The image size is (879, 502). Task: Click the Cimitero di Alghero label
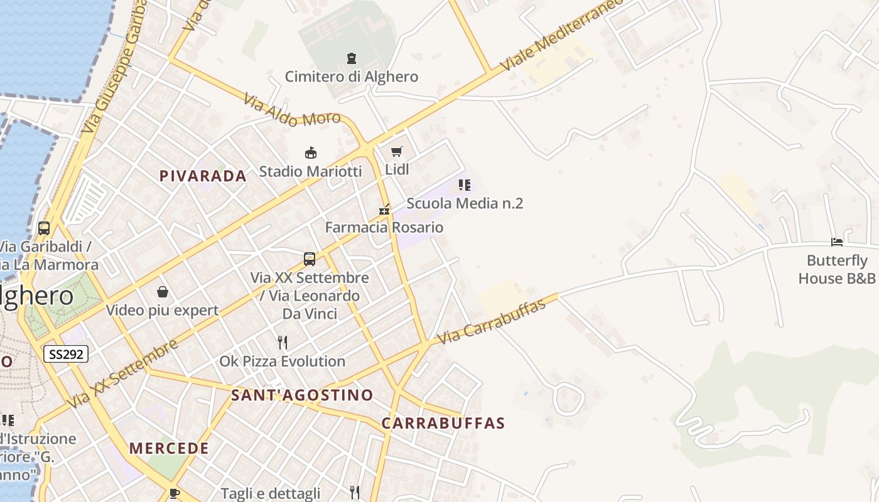point(351,77)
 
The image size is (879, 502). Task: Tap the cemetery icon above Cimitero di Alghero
point(352,58)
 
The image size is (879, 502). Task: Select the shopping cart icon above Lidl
point(396,151)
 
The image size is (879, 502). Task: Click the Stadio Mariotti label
point(310,171)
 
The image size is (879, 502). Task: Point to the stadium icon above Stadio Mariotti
point(310,152)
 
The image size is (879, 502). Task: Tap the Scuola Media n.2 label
point(465,203)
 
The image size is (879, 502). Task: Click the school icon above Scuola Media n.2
point(465,184)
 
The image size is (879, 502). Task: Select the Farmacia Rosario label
point(384,227)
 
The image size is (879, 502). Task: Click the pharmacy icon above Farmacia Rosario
point(384,210)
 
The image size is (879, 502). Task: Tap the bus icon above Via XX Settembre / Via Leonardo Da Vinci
point(310,259)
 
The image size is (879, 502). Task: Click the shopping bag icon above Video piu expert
point(163,292)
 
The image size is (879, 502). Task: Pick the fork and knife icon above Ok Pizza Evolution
point(283,342)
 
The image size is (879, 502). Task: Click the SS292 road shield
point(66,354)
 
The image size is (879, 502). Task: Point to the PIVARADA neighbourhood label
point(203,176)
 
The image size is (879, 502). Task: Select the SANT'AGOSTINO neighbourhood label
point(302,395)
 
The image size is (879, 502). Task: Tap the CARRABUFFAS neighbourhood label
point(443,424)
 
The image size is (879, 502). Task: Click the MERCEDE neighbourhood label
point(169,449)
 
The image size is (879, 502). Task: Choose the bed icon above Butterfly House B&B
point(836,242)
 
